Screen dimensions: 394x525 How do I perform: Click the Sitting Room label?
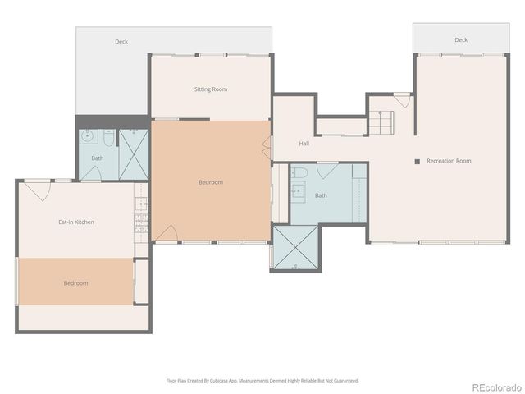click(211, 89)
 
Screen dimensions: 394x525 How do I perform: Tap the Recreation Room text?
click(449, 161)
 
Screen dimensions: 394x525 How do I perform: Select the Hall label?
click(304, 144)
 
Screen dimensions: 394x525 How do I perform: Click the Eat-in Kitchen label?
click(75, 222)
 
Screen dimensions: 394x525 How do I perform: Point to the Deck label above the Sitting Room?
click(121, 41)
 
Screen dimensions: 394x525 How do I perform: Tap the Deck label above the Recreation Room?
click(461, 39)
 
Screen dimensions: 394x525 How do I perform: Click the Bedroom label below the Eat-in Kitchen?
click(75, 283)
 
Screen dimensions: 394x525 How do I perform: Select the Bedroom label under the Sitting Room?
click(211, 182)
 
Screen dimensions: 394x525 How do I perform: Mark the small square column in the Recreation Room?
click(417, 161)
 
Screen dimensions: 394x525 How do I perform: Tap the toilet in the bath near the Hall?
click(300, 173)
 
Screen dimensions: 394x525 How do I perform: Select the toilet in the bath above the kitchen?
click(108, 137)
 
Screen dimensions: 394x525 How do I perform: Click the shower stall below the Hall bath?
click(295, 248)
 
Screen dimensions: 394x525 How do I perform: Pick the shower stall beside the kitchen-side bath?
click(134, 153)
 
